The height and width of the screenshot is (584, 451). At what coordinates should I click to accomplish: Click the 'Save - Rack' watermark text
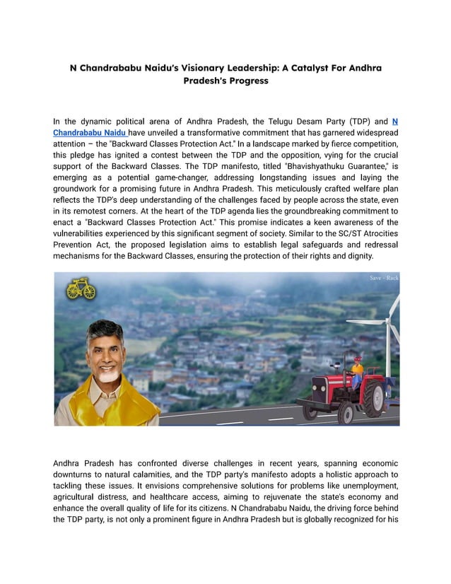click(384, 278)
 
